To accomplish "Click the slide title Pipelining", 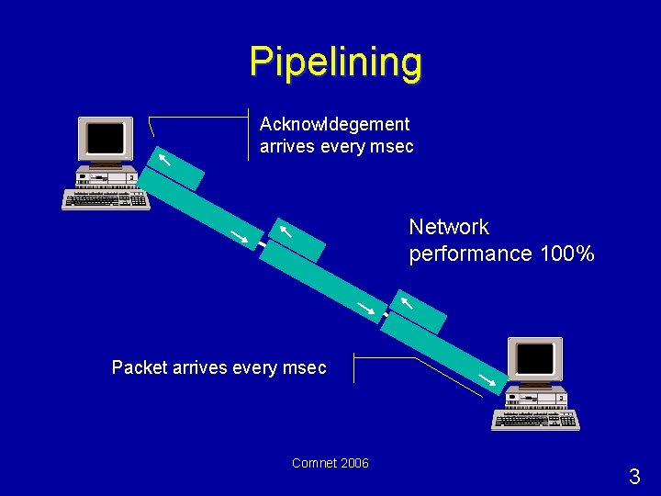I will pyautogui.click(x=335, y=62).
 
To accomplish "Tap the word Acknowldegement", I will pyautogui.click(x=335, y=123).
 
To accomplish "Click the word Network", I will pyautogui.click(x=449, y=227).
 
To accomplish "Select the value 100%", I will pyautogui.click(x=566, y=254).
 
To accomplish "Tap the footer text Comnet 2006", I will pyautogui.click(x=330, y=463).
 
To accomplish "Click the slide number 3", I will pyautogui.click(x=634, y=477).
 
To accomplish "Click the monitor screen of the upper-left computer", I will pyautogui.click(x=105, y=139).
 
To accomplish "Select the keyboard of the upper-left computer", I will pyautogui.click(x=106, y=199).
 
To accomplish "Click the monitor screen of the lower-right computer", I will pyautogui.click(x=534, y=358).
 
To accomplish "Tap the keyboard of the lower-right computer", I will pyautogui.click(x=535, y=420).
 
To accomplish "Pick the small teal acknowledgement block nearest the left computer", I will pyautogui.click(x=175, y=167).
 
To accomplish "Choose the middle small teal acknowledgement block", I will pyautogui.click(x=297, y=239).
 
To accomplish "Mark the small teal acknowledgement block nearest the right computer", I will pyautogui.click(x=419, y=310).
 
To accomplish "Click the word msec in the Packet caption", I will pyautogui.click(x=305, y=367).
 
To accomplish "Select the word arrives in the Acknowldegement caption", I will pyautogui.click(x=288, y=146).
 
